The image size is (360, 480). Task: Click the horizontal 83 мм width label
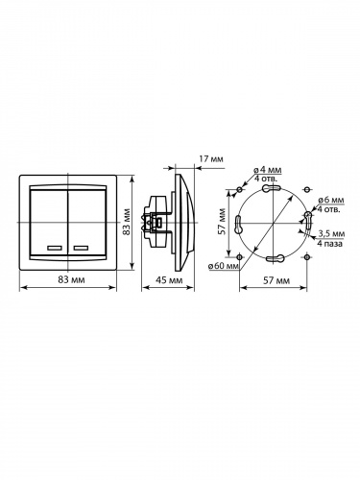tap(71, 279)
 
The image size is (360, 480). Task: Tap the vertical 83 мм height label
tap(127, 222)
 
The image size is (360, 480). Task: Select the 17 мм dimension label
tap(211, 158)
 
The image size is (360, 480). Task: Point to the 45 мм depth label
tap(169, 280)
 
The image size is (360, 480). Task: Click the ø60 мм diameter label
tap(224, 266)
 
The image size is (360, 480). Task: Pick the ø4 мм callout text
tap(268, 170)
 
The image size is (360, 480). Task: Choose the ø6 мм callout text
tap(331, 200)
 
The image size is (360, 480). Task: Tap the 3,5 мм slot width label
tap(331, 234)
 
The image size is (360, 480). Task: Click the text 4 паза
tap(330, 244)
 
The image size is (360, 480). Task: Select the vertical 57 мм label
tap(222, 222)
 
